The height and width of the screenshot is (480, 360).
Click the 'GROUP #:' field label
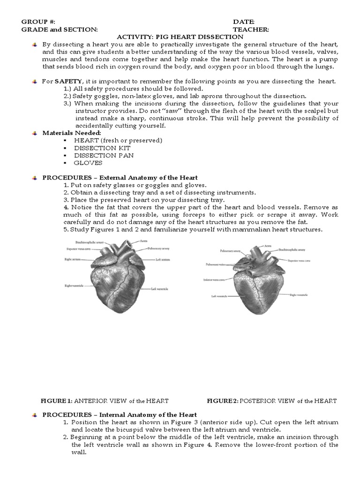(38, 22)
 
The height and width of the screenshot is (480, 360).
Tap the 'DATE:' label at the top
(244, 22)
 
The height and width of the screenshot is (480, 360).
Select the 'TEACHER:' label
(251, 30)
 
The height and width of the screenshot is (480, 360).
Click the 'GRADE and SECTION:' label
(60, 30)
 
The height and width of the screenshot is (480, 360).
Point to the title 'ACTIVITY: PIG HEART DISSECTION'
(180, 37)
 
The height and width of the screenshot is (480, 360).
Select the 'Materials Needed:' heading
(71, 133)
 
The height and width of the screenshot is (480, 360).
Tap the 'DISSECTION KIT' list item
(96, 148)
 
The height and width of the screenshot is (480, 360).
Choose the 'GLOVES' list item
(88, 163)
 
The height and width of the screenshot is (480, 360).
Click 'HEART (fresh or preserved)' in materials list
(118, 140)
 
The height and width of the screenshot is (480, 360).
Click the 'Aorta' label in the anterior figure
(143, 241)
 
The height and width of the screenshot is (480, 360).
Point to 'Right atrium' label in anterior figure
(74, 259)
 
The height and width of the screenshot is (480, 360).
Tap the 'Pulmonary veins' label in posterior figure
(215, 264)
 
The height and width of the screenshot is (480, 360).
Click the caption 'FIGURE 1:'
(56, 401)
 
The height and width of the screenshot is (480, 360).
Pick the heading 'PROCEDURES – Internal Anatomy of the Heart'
(120, 415)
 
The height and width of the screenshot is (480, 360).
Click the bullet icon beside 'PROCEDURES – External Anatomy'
(35, 178)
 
